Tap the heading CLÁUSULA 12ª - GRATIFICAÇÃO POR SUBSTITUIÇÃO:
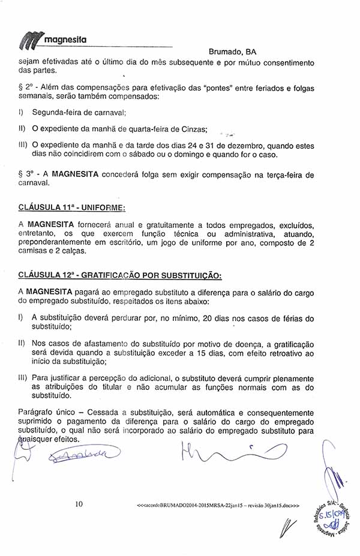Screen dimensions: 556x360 [x=120, y=276]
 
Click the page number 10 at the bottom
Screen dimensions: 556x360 [x=79, y=504]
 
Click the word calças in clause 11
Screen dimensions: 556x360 [x=75, y=251]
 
